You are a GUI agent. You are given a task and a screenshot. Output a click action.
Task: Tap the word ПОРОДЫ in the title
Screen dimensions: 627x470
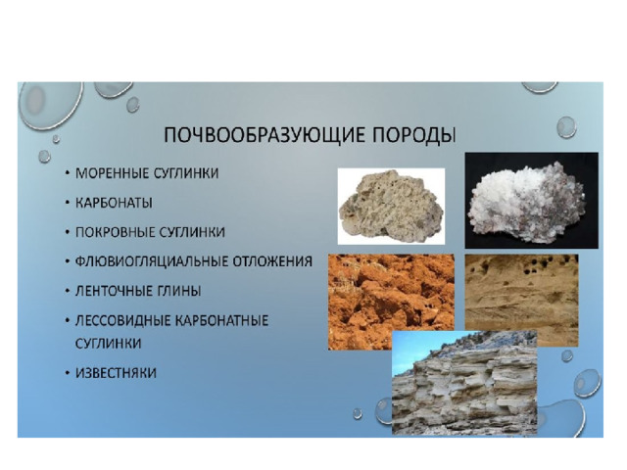click(x=414, y=135)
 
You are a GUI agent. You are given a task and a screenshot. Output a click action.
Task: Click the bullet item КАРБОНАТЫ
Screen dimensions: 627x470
click(x=114, y=203)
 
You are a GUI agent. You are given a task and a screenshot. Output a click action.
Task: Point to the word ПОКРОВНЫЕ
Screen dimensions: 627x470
click(x=116, y=232)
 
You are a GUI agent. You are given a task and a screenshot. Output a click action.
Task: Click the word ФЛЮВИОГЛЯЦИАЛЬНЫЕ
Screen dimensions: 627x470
click(x=152, y=261)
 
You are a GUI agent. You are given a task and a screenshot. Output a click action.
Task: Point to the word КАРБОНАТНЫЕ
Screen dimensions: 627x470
click(x=222, y=320)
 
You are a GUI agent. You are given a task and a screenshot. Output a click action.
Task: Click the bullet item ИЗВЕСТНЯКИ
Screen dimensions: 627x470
click(x=116, y=373)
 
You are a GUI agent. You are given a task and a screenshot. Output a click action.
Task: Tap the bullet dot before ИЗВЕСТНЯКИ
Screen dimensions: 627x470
click(x=68, y=373)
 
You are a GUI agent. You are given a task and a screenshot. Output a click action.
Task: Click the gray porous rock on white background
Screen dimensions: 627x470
click(x=391, y=207)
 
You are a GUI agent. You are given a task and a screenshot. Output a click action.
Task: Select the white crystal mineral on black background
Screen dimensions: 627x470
click(x=531, y=200)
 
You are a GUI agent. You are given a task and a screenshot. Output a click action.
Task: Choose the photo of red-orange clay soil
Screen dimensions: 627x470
click(x=391, y=303)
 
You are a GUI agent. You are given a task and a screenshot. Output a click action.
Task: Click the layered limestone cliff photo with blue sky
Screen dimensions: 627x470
click(x=464, y=383)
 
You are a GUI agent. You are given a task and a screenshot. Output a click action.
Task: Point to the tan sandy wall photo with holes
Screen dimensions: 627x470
click(x=521, y=301)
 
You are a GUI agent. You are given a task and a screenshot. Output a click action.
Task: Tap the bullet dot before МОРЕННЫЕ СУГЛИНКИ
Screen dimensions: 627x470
click(x=68, y=174)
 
